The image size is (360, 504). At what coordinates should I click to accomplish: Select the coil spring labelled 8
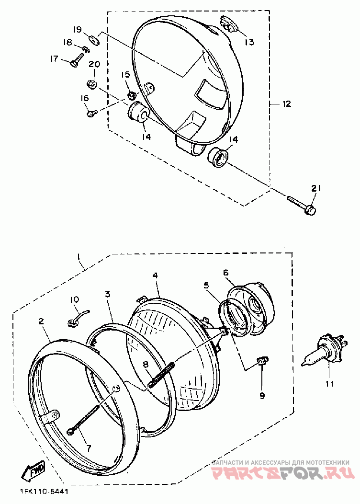(162, 374)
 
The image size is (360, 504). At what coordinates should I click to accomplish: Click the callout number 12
(286, 104)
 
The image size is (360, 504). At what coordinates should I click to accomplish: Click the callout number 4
(155, 276)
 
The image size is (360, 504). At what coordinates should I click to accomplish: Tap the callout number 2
(42, 322)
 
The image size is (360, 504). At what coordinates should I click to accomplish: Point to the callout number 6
(225, 273)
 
